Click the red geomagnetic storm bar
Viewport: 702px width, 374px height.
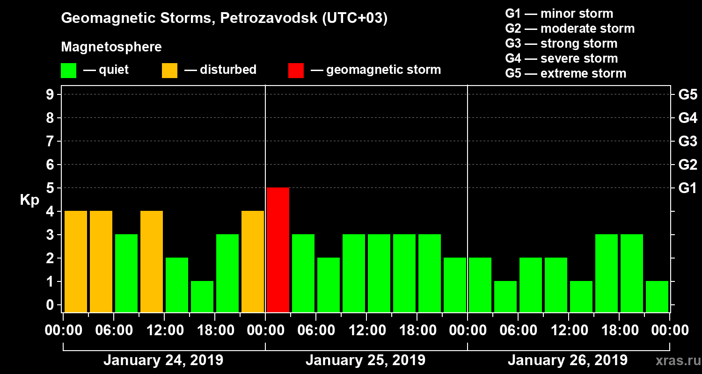278,250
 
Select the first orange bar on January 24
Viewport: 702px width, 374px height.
76,261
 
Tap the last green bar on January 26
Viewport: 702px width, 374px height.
657,296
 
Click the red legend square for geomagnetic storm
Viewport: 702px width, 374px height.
296,70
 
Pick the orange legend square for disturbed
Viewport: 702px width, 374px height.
169,70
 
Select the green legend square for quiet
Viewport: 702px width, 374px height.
68,70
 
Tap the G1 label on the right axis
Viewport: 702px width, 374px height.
687,188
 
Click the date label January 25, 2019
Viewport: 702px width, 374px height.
366,360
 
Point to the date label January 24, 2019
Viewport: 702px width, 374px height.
163,360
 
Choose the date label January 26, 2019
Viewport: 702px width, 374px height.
568,360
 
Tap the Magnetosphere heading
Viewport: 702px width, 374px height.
111,47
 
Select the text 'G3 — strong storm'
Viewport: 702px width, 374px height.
561,43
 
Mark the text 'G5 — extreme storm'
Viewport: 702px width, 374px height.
565,73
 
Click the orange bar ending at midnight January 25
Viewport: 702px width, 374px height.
253,261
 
